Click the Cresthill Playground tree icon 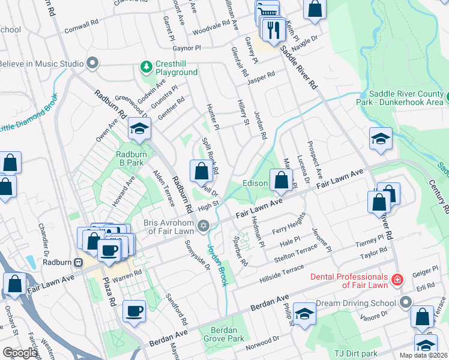pos(145,65)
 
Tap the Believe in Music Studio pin pos(92,63)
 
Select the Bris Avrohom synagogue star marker pos(203,226)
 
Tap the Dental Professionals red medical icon pos(397,280)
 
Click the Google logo pos(20,353)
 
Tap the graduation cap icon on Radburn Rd pos(139,128)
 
